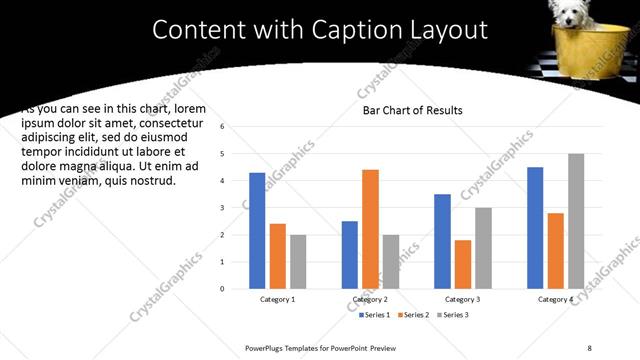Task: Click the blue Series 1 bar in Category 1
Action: click(257, 230)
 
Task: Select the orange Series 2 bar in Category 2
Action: click(370, 229)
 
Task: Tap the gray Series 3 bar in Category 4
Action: click(576, 221)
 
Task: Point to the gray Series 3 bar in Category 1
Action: click(298, 261)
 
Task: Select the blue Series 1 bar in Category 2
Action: click(350, 254)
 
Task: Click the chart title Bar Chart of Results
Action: click(413, 110)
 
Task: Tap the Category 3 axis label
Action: click(463, 299)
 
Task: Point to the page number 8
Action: click(590, 347)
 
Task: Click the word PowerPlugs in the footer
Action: click(267, 347)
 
